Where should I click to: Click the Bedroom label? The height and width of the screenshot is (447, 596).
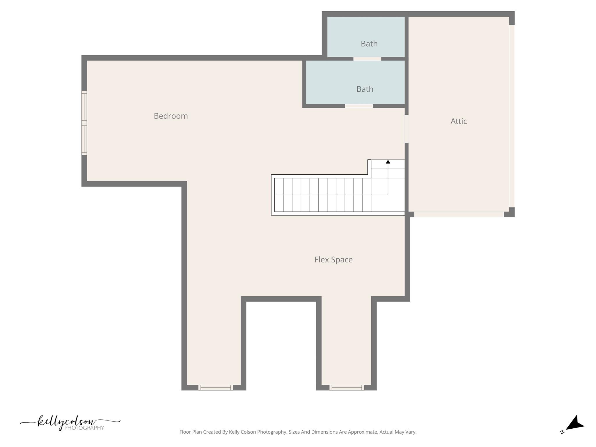tap(171, 116)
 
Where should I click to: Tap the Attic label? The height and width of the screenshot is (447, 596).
tap(459, 121)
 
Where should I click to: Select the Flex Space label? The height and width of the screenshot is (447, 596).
tap(334, 260)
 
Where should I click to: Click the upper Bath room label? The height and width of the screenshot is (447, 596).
tap(369, 44)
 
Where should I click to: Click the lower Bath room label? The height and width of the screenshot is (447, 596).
tap(365, 89)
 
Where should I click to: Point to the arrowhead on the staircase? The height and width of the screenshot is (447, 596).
tap(388, 162)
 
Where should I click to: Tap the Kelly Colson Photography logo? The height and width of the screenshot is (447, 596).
tap(70, 423)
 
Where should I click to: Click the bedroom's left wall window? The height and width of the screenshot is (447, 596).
tap(84, 123)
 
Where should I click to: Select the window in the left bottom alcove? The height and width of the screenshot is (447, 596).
tap(216, 387)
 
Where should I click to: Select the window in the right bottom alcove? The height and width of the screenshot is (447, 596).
tap(347, 387)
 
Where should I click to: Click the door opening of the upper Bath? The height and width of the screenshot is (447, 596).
tap(367, 59)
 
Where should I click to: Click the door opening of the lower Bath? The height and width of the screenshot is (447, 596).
tap(359, 106)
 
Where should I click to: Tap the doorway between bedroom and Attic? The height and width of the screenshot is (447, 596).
tap(407, 129)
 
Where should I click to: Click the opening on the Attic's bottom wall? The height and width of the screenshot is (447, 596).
tap(459, 214)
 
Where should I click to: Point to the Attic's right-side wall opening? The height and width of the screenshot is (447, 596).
tap(512, 116)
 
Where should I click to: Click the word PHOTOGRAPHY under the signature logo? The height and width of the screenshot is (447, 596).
tap(84, 428)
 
